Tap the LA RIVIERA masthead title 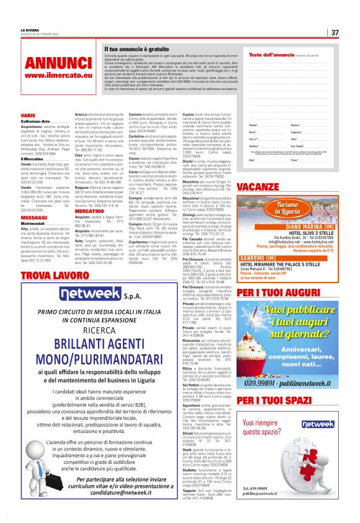[30, 29]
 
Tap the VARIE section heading [29, 116]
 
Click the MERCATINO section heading [89, 211]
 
